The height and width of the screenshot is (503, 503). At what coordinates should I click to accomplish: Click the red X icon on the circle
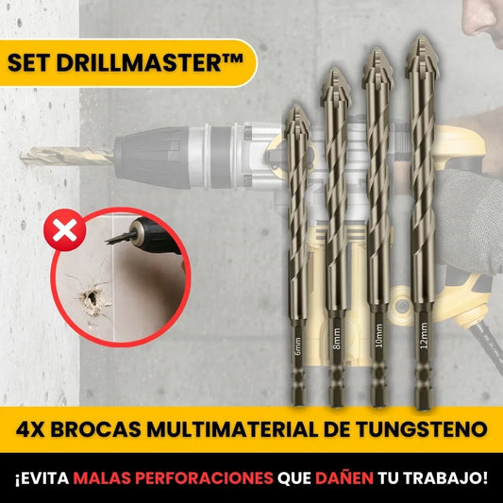pos(63,229)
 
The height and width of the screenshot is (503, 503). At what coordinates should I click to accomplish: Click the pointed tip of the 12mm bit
pos(416,40)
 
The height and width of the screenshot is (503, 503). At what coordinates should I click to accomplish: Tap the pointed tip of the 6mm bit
pos(294,107)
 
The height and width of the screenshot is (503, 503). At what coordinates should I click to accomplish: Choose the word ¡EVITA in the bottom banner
pos(42,478)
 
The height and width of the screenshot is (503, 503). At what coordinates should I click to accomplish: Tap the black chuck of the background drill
pos(151,152)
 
